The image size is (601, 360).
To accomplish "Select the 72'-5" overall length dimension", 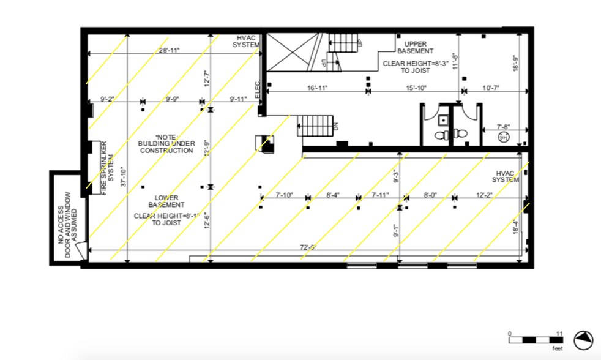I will [308, 247].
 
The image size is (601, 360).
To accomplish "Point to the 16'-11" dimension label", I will [317, 88].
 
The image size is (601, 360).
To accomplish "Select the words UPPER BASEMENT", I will [415, 47].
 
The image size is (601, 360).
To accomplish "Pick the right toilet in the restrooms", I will [460, 134].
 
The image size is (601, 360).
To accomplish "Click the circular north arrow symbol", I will [583, 340].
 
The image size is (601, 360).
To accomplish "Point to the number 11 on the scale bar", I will [559, 333].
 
